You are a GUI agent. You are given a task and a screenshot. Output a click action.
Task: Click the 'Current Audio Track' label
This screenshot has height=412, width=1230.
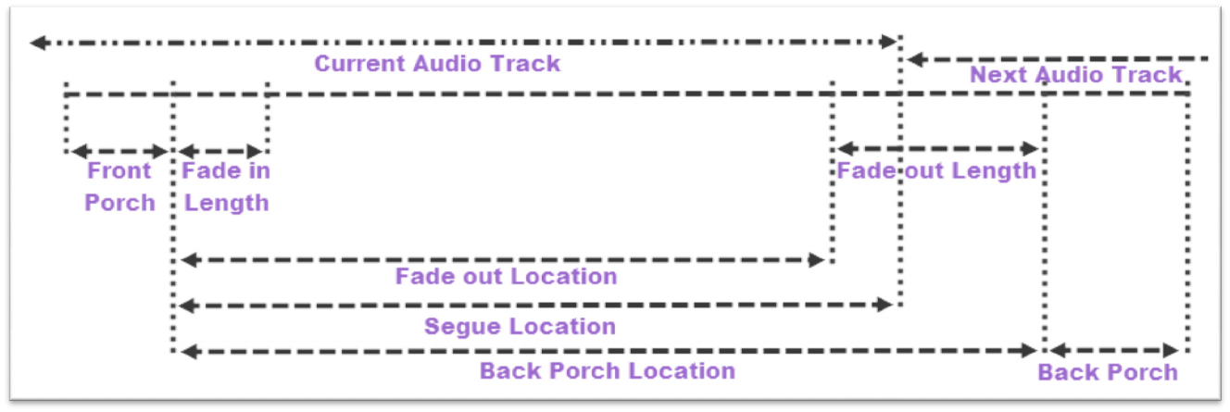[x=437, y=64]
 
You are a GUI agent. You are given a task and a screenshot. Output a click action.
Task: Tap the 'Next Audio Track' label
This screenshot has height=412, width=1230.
[x=1075, y=75]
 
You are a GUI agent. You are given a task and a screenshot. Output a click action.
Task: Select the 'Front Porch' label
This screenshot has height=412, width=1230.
[x=119, y=186]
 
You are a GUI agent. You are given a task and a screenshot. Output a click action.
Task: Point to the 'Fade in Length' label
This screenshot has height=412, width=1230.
[x=226, y=186]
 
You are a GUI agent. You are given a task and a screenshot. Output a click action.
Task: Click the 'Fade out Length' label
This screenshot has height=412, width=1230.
[x=936, y=170]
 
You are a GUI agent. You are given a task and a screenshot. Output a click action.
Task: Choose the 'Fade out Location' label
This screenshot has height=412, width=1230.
[x=506, y=276]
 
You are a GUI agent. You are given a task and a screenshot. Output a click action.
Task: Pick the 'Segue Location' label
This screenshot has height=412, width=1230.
[x=520, y=326]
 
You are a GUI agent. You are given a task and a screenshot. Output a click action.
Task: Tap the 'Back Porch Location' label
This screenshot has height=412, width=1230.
[x=607, y=371]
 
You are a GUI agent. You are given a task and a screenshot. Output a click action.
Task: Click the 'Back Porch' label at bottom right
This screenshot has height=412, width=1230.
[x=1107, y=372]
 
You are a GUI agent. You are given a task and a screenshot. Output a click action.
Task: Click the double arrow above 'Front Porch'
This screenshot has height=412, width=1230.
[x=119, y=151]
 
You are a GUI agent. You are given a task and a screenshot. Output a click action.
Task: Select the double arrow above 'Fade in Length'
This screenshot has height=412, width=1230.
[x=221, y=151]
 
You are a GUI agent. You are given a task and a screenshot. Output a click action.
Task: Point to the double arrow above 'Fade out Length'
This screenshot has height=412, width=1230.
[x=937, y=148]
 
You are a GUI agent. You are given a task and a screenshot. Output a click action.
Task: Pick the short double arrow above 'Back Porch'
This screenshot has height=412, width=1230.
[x=1114, y=350]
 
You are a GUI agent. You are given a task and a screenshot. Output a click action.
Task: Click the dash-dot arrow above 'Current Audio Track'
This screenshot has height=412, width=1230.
[x=463, y=42]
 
